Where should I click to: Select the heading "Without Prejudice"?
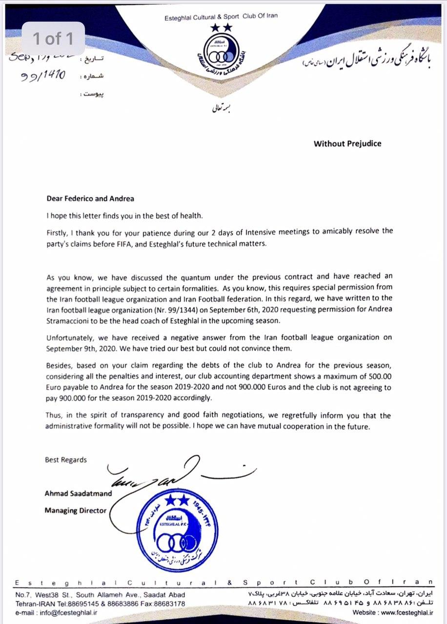point(347,143)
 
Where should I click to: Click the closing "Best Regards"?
point(66,460)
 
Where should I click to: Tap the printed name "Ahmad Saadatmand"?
point(78,493)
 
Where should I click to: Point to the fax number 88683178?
point(167,604)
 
